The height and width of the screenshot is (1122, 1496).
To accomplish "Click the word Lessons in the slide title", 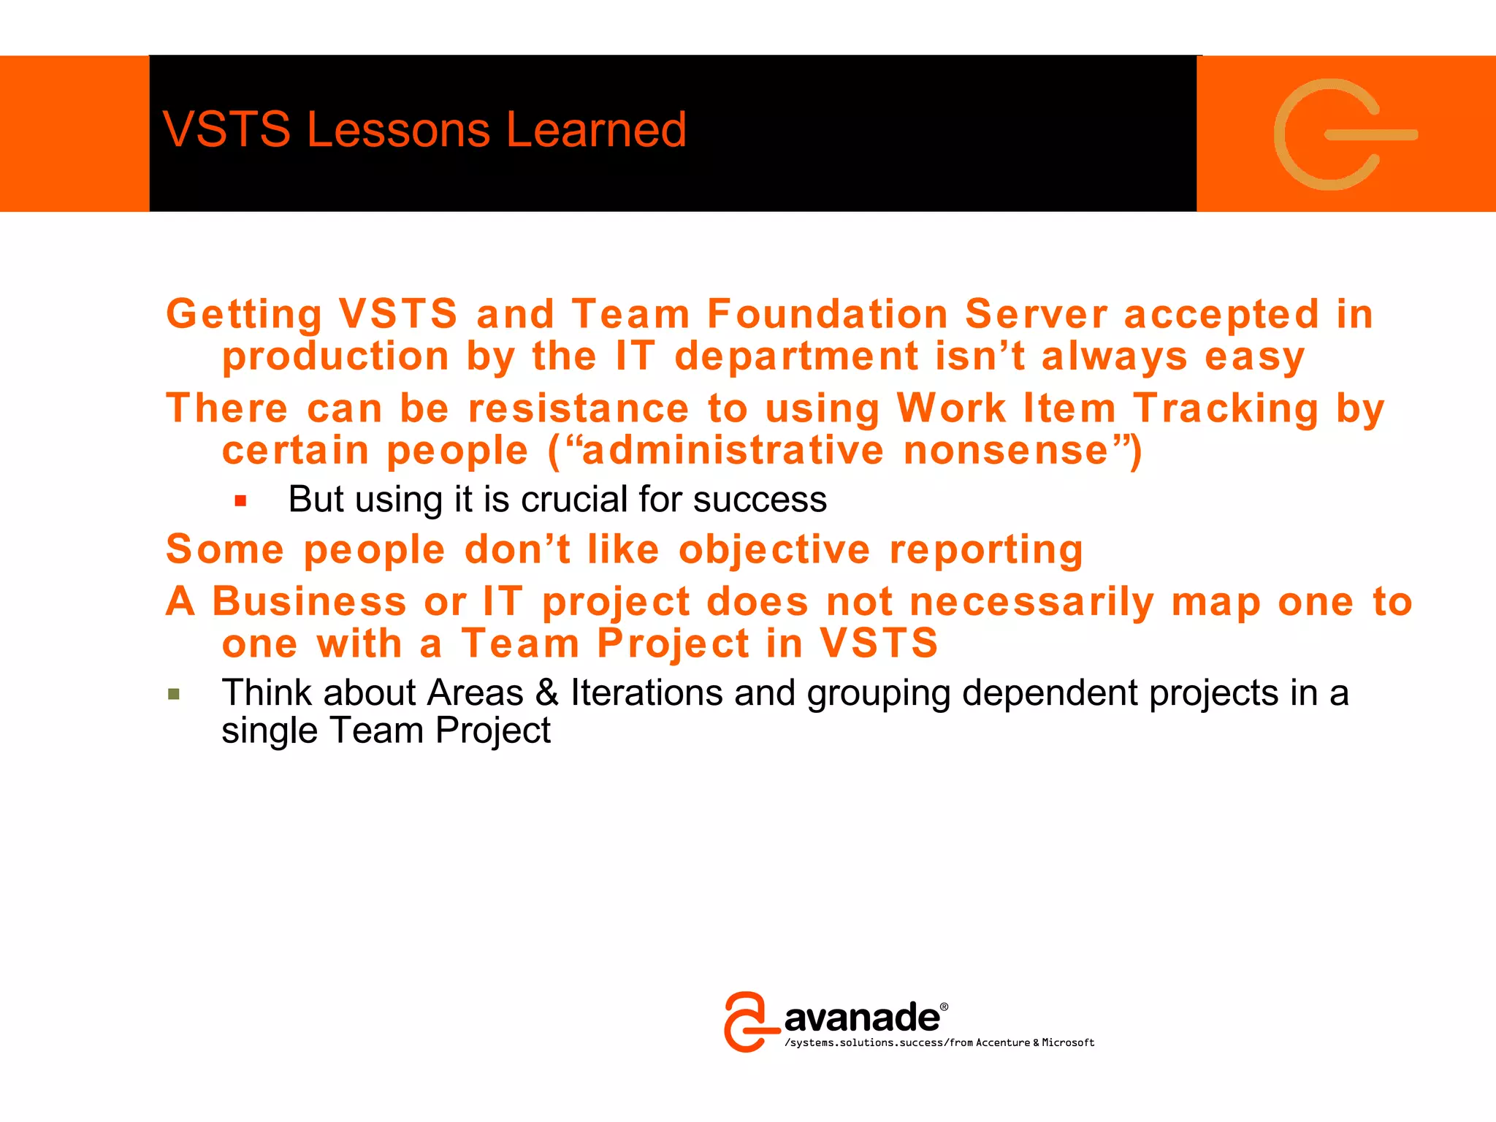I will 398,130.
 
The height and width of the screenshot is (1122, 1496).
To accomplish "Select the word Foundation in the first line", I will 827,314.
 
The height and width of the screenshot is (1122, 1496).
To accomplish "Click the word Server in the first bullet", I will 1036,314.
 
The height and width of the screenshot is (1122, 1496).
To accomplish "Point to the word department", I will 796,356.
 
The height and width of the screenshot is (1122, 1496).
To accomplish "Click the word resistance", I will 579,408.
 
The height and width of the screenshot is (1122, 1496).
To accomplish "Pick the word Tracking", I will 1226,408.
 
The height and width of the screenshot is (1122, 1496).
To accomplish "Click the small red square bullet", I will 241,501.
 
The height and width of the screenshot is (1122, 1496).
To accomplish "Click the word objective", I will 774,549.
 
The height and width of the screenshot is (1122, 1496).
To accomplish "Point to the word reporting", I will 986,551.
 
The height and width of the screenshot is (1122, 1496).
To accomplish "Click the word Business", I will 309,602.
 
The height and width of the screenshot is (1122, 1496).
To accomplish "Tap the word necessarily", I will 1032,602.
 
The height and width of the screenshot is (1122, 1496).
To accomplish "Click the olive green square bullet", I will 174,694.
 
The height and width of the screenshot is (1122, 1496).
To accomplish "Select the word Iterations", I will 646,692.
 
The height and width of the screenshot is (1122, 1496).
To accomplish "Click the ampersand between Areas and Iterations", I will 546,692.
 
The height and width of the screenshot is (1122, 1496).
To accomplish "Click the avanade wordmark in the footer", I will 862,1018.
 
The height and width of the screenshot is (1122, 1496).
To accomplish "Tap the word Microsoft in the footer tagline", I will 1068,1043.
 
